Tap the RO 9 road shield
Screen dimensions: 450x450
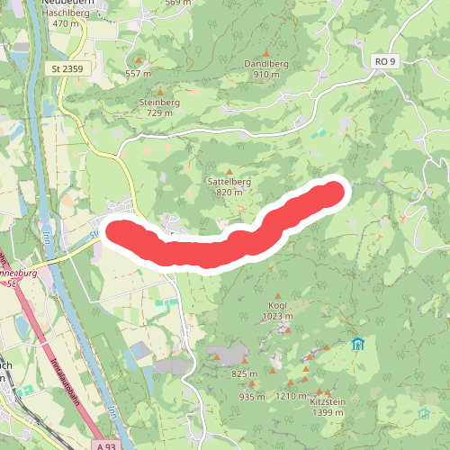click(x=384, y=60)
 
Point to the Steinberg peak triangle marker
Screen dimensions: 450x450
click(x=161, y=92)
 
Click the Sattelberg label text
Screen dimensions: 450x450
click(x=229, y=181)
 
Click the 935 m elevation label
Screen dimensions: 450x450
click(x=252, y=397)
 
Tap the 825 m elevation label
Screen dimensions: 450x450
click(x=244, y=373)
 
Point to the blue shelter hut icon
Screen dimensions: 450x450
click(x=357, y=344)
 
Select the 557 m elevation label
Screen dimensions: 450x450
click(x=138, y=73)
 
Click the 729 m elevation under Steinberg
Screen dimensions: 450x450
click(x=159, y=112)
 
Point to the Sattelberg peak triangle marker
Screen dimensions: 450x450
click(x=229, y=170)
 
